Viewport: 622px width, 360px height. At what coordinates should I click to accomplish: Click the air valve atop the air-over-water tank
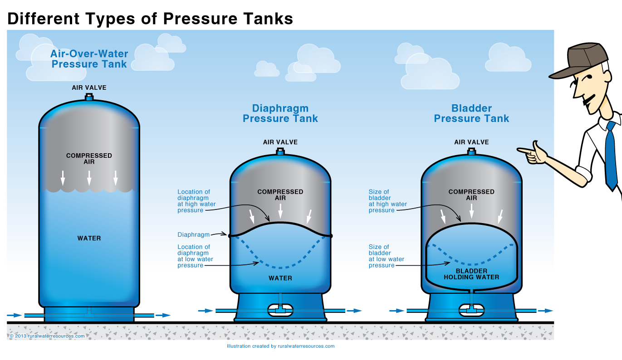(x=89, y=97)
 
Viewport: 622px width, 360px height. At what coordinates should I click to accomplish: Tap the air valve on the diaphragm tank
(x=280, y=151)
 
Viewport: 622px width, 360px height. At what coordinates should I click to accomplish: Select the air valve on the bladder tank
(x=472, y=151)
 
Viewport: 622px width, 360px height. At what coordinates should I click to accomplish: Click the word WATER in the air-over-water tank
(x=89, y=238)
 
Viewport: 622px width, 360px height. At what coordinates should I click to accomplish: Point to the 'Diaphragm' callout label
(x=194, y=235)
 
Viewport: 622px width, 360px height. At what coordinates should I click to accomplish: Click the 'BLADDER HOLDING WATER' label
(x=471, y=274)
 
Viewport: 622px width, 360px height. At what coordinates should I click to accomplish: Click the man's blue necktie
(x=610, y=154)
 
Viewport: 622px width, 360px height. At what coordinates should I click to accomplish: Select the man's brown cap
(x=576, y=59)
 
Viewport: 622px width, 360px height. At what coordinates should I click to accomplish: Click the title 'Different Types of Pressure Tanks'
(x=150, y=19)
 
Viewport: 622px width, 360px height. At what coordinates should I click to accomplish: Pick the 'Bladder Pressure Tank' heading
(x=471, y=113)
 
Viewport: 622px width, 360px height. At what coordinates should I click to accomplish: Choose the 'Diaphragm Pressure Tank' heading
(x=280, y=113)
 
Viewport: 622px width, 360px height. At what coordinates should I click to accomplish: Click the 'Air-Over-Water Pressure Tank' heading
(x=89, y=59)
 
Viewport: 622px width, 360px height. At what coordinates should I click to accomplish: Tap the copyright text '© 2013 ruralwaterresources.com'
(x=47, y=336)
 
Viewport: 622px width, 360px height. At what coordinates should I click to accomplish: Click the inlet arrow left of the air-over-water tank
(x=15, y=315)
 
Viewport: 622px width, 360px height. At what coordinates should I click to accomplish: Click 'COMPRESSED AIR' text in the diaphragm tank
(x=280, y=195)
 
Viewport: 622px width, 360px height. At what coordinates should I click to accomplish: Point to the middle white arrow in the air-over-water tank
(x=89, y=178)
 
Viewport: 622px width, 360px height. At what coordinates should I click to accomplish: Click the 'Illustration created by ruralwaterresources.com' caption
(x=280, y=346)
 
